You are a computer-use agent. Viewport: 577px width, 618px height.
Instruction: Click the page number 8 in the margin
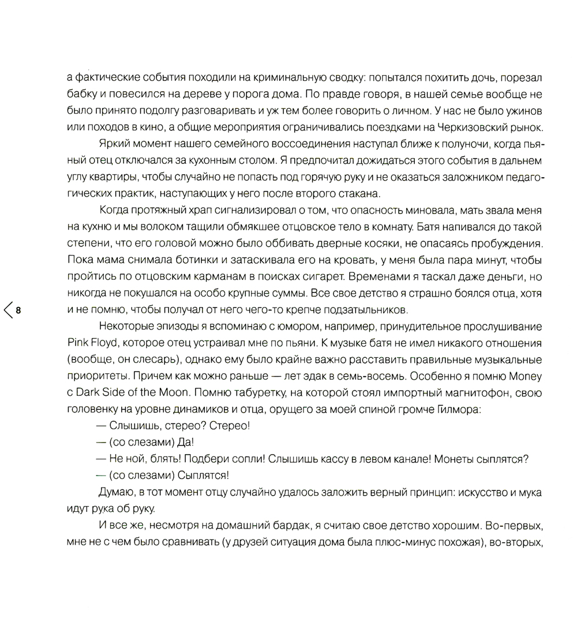[18, 310]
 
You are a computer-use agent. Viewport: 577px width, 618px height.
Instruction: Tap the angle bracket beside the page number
[8, 310]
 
